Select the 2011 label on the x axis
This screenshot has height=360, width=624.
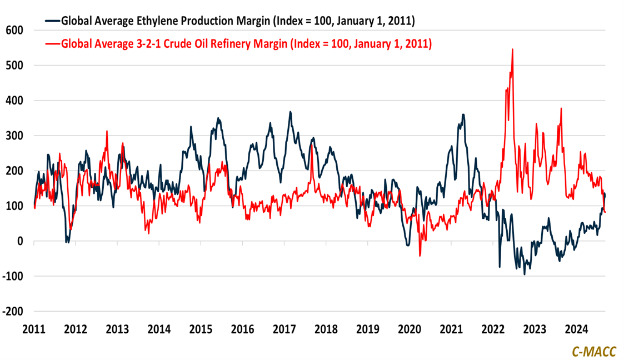point(34,328)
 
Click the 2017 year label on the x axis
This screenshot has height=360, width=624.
point(284,328)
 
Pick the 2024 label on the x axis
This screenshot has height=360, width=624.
point(576,328)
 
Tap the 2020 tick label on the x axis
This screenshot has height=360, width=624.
point(409,328)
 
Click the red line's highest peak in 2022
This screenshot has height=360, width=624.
point(512,49)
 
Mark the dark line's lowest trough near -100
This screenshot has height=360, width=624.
point(524,274)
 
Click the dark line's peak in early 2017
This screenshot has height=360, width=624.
point(290,112)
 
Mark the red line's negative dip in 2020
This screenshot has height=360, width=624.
point(420,256)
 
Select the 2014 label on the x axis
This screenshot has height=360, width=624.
point(159,328)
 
